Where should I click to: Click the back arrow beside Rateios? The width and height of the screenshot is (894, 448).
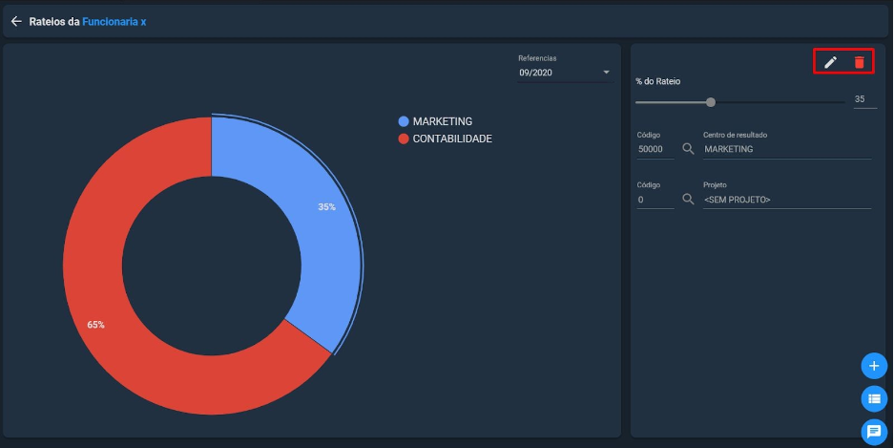(x=16, y=22)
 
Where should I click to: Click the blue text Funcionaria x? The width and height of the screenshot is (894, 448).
(x=114, y=22)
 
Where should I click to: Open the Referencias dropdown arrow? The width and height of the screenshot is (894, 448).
(x=606, y=73)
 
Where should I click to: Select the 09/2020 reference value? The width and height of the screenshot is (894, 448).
(x=535, y=73)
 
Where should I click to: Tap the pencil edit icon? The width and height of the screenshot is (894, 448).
(x=830, y=62)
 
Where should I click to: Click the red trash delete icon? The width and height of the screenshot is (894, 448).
(x=860, y=62)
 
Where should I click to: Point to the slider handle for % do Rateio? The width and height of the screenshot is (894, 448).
(x=711, y=102)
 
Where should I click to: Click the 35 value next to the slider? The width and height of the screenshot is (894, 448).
(x=860, y=98)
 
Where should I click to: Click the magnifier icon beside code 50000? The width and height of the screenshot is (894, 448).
(x=688, y=149)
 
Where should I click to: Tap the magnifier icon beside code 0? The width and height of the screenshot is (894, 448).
(x=688, y=200)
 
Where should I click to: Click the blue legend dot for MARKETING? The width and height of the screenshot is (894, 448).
(x=404, y=121)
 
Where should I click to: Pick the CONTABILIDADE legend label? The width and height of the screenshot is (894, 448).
(x=452, y=139)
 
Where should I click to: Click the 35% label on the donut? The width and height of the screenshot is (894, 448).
(x=326, y=207)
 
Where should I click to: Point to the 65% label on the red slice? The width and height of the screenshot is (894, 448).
(x=95, y=325)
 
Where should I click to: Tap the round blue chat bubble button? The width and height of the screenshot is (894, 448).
(x=874, y=432)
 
